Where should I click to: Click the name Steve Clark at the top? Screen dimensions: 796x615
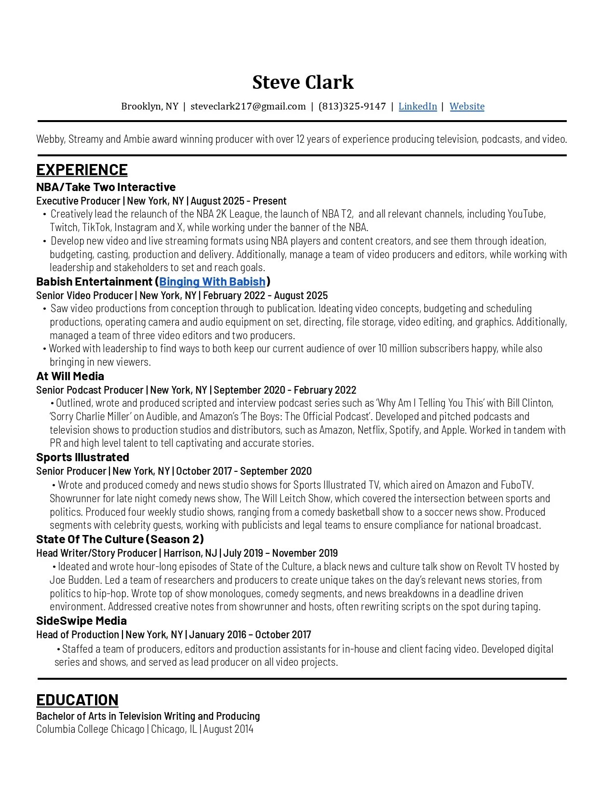tap(302, 82)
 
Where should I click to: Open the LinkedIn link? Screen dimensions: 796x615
tap(417, 106)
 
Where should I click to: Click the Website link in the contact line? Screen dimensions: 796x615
tap(466, 106)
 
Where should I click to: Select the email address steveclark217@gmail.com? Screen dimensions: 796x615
tap(248, 106)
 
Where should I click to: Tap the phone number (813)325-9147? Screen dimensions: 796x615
tap(352, 106)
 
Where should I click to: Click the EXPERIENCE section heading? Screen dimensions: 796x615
tap(82, 170)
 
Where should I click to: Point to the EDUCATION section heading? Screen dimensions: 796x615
tap(77, 700)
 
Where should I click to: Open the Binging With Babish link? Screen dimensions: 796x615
tap(212, 282)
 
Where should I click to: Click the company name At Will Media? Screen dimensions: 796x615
tap(70, 376)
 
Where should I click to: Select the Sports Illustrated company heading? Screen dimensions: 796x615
tap(82, 457)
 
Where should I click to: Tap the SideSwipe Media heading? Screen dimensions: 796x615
tap(81, 621)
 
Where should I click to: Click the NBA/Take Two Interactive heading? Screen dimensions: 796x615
tap(106, 187)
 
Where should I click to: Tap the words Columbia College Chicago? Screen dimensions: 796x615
tap(90, 729)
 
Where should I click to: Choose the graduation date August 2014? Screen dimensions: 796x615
tap(228, 729)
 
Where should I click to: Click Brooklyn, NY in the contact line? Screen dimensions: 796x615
tap(150, 106)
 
